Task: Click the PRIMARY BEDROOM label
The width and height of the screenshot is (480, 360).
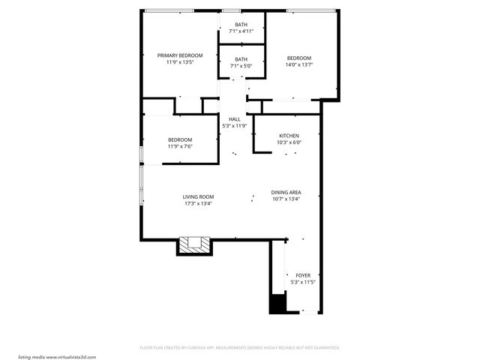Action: coord(179,55)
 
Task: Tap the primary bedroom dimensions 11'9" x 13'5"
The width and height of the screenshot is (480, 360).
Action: coord(179,62)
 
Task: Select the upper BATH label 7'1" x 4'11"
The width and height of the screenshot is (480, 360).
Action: coord(241,25)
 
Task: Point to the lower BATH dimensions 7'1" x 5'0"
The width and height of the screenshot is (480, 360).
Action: coord(241,66)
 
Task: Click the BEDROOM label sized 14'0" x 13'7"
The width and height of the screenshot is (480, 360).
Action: coord(298,58)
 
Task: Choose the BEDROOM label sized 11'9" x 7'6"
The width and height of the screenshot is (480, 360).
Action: coord(179,139)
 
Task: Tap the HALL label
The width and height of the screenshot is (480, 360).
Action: coord(234,118)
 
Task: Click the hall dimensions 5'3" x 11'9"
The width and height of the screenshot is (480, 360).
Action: coord(234,125)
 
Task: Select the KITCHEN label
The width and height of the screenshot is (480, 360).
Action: coord(289,136)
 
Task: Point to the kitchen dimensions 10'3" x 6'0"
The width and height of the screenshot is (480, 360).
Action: coord(289,142)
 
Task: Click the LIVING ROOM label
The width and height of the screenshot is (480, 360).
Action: coord(198,196)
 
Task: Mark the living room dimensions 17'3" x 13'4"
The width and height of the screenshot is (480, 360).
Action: coord(198,203)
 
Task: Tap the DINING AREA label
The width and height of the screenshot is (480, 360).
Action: coord(286,192)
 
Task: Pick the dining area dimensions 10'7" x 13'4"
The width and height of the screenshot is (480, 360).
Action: coord(286,199)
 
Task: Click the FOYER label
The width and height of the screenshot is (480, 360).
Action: coord(302,275)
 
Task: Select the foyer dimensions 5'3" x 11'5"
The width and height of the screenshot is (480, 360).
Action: coord(302,282)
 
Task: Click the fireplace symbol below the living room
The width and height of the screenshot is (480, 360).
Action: coord(195,245)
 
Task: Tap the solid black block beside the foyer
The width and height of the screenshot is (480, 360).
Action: coord(277,303)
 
